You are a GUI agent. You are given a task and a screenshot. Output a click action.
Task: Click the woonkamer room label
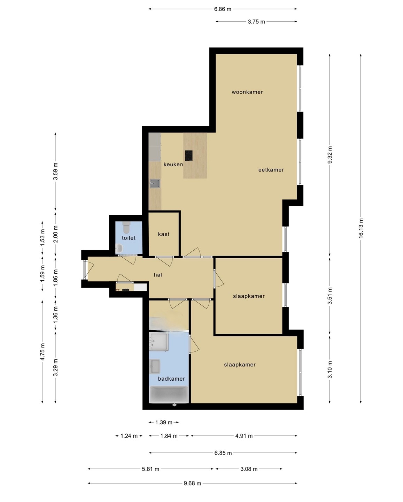[247, 92]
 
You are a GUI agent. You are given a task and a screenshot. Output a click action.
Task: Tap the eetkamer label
[271, 170]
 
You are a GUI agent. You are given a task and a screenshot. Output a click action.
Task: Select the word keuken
[173, 165]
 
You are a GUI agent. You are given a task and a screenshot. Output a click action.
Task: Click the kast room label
[164, 234]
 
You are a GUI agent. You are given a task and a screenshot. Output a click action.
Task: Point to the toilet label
[129, 238]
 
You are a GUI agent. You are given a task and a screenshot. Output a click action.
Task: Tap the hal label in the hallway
[158, 275]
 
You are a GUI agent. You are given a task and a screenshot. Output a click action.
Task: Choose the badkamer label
[171, 379]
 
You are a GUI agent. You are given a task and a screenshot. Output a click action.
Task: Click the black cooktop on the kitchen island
[189, 155]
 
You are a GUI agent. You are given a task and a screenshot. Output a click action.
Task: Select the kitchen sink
[155, 183]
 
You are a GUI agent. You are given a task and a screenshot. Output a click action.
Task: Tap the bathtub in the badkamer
[169, 395]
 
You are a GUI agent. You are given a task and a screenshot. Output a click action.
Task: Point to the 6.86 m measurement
[223, 9]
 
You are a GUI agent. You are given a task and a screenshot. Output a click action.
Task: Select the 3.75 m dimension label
[256, 22]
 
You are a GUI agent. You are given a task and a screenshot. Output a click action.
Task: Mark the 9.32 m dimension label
[330, 155]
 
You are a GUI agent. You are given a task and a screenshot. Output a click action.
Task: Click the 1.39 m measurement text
[164, 422]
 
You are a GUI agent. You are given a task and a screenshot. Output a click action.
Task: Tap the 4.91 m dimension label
[244, 436]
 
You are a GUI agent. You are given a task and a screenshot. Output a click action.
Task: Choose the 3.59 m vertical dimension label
[55, 172]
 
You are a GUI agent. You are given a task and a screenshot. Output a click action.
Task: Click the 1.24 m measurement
[129, 436]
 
